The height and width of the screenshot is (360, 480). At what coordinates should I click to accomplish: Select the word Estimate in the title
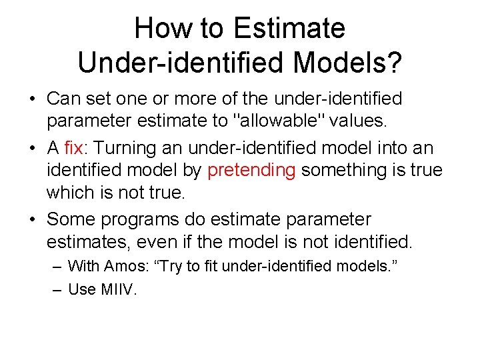click(x=289, y=29)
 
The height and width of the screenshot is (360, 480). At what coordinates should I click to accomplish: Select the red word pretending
click(x=251, y=170)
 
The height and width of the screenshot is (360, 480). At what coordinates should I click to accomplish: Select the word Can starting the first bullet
click(x=62, y=99)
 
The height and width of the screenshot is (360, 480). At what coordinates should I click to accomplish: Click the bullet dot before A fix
click(x=33, y=147)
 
